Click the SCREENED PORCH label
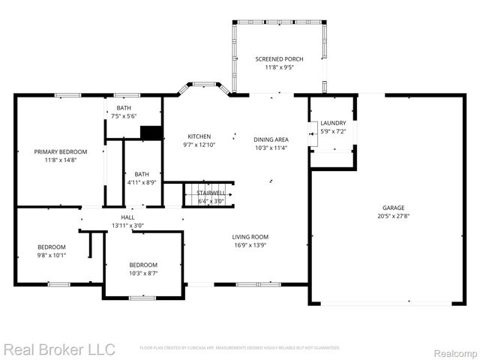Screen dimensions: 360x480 click(279, 59)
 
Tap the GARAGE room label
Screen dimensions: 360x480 click(393, 208)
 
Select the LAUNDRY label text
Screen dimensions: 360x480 click(333, 123)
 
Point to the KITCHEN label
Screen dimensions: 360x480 click(199, 136)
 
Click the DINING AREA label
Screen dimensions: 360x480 click(271, 139)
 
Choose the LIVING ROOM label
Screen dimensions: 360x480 click(250, 237)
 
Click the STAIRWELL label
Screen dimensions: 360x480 click(211, 193)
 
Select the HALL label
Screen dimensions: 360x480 click(128, 217)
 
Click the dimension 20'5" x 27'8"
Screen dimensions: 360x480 click(393, 216)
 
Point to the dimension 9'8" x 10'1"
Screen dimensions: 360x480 click(52, 255)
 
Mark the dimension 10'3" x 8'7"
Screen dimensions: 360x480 click(142, 273)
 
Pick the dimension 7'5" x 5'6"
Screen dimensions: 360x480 click(123, 116)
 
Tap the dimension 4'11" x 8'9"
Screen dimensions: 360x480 click(142, 181)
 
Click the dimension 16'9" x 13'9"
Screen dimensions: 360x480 click(250, 244)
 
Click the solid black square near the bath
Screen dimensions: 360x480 click(152, 133)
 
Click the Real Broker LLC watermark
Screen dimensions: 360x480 click(59, 349)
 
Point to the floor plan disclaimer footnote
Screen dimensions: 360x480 click(240, 348)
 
